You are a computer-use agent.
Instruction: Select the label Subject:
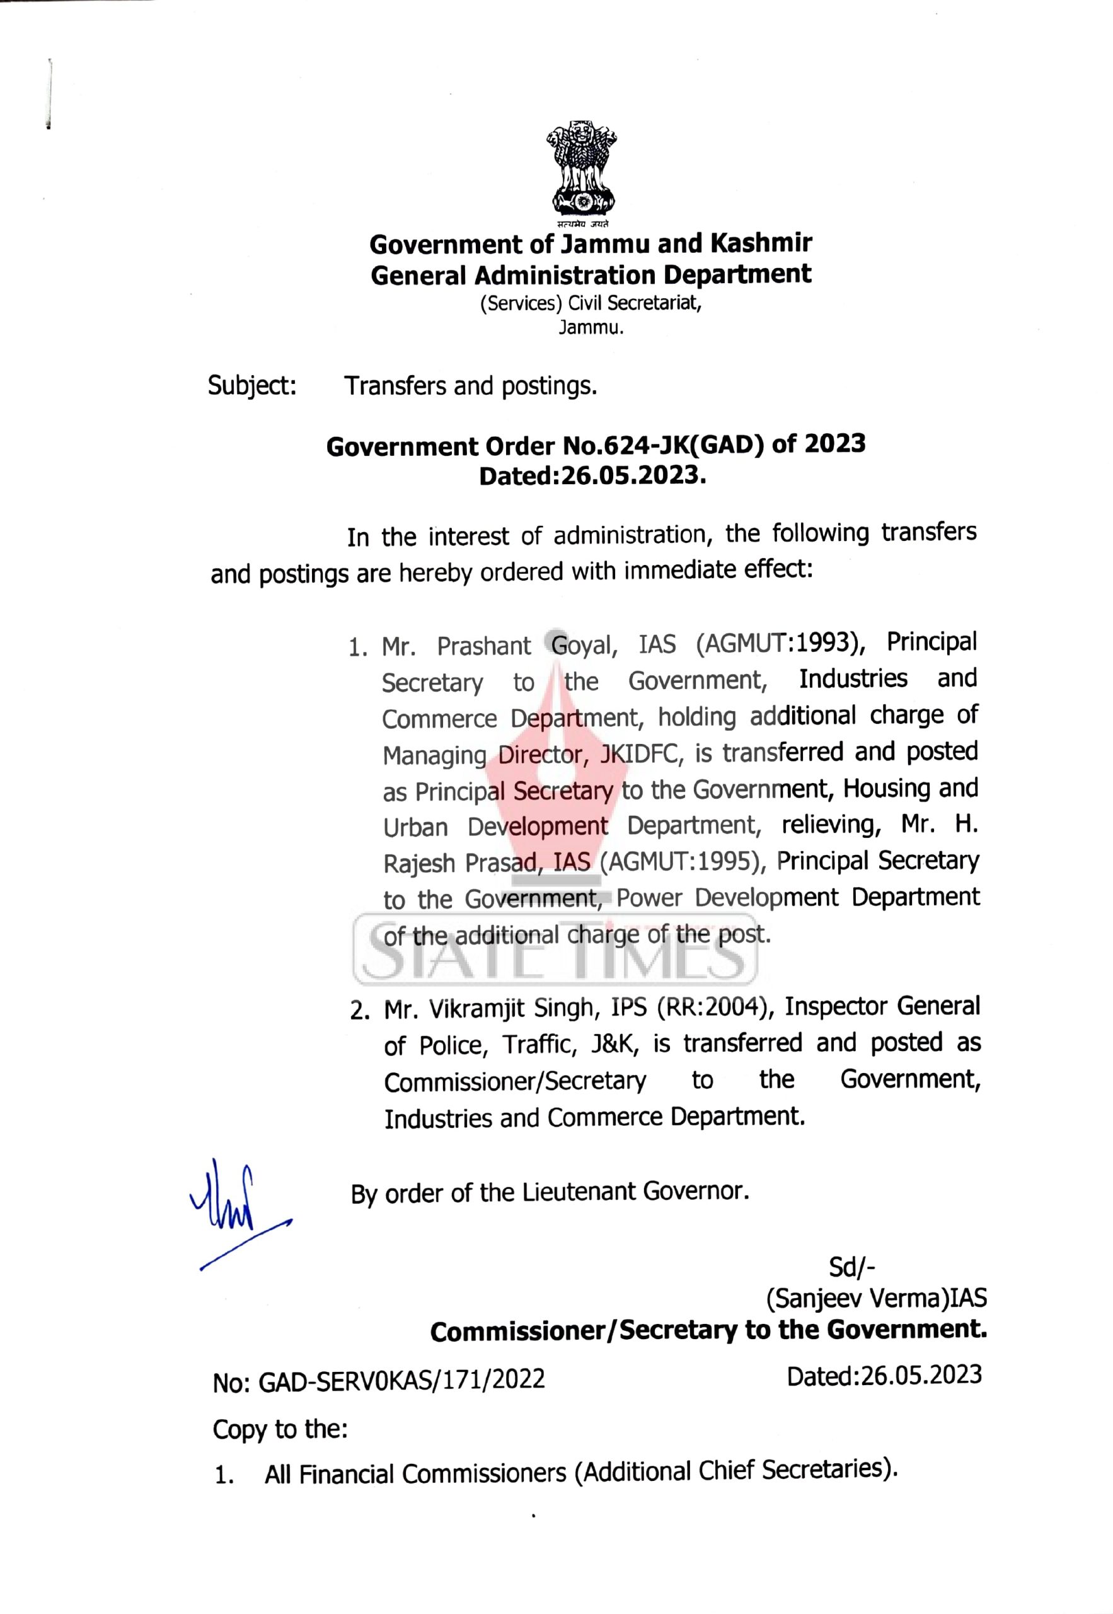253,386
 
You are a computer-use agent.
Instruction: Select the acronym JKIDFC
637,754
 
